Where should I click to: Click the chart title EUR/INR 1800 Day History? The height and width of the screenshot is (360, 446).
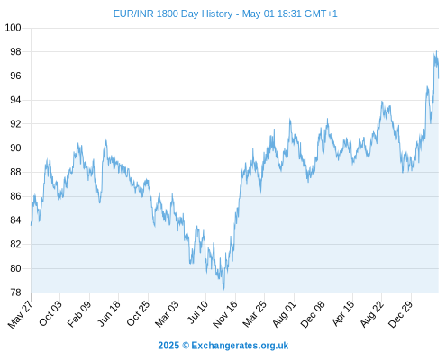point(173,13)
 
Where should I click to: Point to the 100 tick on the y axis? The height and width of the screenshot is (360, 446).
point(14,28)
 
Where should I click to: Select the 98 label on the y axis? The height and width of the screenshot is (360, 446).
point(16,52)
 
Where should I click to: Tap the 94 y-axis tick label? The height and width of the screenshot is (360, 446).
point(16,100)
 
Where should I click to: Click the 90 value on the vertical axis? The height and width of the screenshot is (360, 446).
point(16,148)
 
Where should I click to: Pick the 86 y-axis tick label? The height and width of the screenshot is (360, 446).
point(16,196)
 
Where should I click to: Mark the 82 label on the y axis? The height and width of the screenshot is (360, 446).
point(16,244)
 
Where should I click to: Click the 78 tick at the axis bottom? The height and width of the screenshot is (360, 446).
point(16,292)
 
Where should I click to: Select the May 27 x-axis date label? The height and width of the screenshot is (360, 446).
point(21,314)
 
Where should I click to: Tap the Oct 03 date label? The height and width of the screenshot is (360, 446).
point(50,313)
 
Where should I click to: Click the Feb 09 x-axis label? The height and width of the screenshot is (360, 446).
point(79,313)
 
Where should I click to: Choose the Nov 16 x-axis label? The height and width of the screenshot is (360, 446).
point(225,314)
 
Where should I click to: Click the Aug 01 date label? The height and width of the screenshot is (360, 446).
point(285,314)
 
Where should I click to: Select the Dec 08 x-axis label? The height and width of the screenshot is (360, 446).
point(313,314)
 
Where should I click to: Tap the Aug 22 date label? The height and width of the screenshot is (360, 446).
point(372,314)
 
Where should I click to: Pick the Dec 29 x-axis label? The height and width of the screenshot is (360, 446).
point(401,314)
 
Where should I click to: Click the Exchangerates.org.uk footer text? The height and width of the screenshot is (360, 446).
point(240,346)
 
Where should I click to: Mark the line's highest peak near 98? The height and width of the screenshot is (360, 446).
point(436,51)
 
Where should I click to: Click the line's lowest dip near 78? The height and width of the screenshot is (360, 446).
point(224,289)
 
